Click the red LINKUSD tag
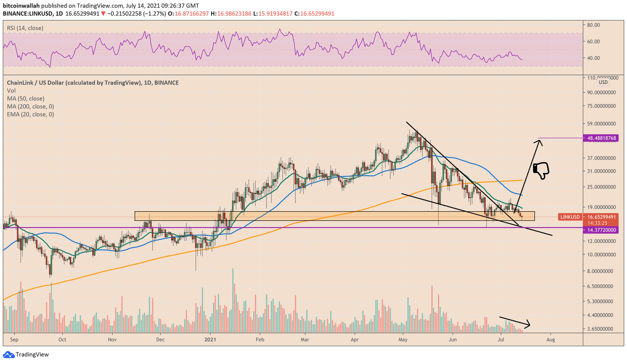[x=570, y=217]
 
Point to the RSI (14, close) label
[x=25, y=28]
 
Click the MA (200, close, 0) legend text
[x=30, y=107]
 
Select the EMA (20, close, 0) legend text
[x=30, y=114]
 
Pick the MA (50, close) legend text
[x=25, y=99]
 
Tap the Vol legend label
[x=11, y=91]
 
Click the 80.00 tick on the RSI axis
[x=593, y=25]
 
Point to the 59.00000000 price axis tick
[x=602, y=123]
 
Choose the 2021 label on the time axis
[x=210, y=339]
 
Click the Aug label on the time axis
[x=551, y=339]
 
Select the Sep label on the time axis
[x=14, y=339]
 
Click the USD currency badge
[x=603, y=82]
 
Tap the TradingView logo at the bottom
[x=27, y=355]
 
